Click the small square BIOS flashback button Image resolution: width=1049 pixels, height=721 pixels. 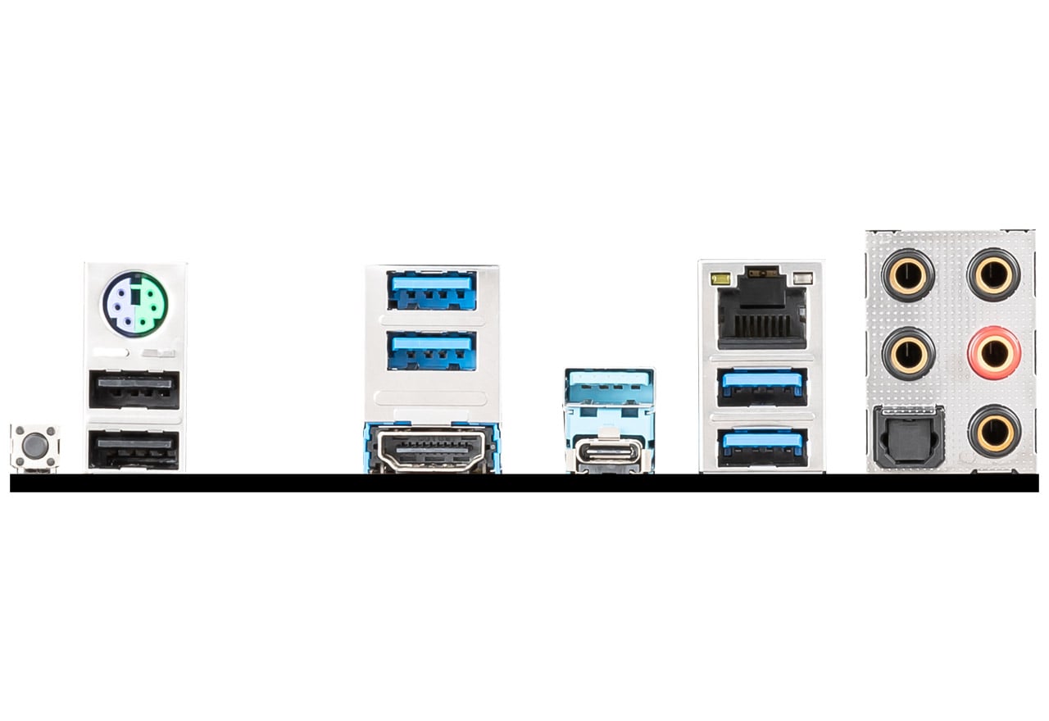34,447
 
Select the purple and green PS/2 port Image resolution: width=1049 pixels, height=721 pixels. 134,303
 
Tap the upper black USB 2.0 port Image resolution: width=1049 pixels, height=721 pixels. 134,389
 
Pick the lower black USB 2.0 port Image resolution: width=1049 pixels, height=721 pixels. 134,449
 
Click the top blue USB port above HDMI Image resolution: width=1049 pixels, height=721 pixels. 432,290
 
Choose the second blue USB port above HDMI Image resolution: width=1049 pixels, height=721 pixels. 432,350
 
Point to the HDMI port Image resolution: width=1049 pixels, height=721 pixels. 432,449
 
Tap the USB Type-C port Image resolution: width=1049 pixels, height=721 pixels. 610,453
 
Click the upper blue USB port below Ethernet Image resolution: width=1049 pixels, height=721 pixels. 761,387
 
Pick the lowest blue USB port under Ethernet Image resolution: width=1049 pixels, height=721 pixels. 761,447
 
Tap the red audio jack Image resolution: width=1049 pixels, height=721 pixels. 994,353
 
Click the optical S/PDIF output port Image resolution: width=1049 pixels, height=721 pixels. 909,437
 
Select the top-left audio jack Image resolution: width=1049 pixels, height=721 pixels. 908,275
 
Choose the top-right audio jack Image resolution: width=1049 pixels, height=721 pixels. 994,275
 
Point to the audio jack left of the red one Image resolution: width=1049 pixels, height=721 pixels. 908,353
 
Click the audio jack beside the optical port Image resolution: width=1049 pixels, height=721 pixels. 994,431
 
